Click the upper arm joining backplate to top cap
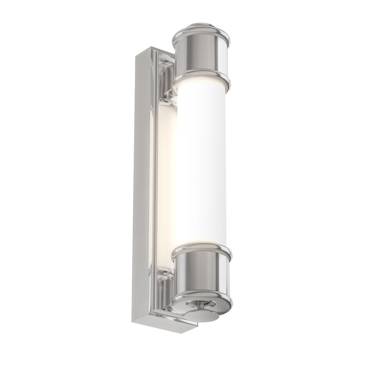coord(167,94)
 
